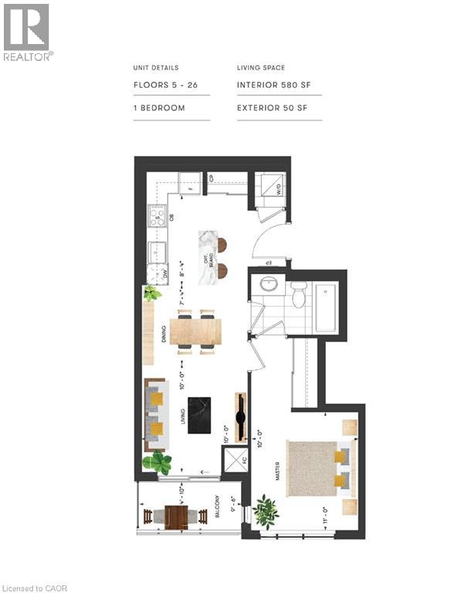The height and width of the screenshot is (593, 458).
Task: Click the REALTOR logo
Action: click(x=27, y=32)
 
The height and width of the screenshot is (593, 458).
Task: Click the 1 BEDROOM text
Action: click(x=160, y=108)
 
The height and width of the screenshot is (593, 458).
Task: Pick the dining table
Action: click(x=195, y=331)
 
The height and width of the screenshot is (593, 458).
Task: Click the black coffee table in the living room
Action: click(x=198, y=416)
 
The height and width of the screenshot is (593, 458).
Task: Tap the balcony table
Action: click(x=176, y=516)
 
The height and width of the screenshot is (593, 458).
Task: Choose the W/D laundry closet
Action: click(x=268, y=188)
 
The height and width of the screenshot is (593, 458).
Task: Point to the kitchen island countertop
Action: click(x=207, y=257)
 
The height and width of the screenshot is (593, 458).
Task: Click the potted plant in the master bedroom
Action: click(x=266, y=510)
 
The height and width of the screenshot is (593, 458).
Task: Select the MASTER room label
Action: click(x=276, y=472)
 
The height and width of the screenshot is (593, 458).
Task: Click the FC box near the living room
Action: click(x=234, y=460)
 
